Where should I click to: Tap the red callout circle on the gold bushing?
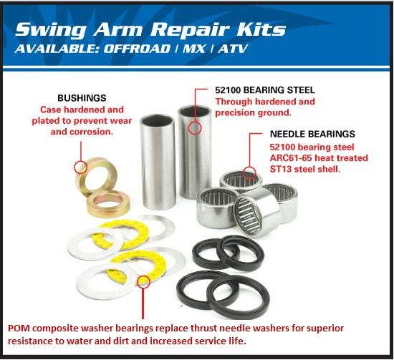(81, 168)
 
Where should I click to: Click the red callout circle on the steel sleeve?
(194, 129)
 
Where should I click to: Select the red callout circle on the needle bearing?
(249, 172)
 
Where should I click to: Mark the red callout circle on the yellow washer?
(143, 281)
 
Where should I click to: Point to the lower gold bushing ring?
(108, 205)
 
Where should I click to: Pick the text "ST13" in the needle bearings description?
(282, 169)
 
